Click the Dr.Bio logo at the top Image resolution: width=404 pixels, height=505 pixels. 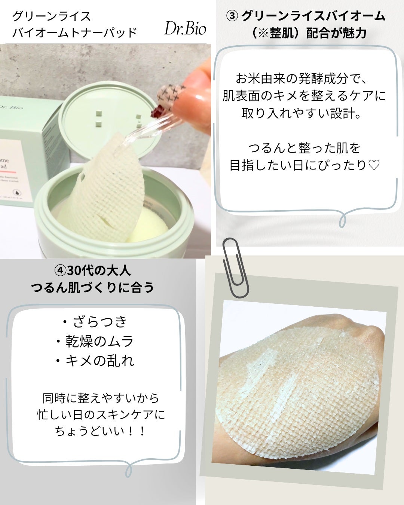click(185, 29)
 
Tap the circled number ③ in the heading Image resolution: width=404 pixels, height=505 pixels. click(232, 16)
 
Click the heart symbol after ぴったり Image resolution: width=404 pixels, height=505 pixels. click(374, 165)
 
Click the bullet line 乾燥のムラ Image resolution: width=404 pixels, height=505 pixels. click(95, 341)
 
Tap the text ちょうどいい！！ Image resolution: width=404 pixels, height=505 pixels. click(100, 431)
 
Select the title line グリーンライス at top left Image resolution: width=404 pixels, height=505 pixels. click(52, 16)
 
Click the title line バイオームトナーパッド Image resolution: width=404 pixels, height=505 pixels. click(75, 33)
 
